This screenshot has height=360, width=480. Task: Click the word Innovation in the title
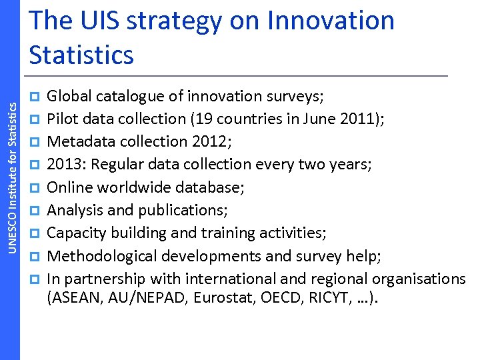click(x=331, y=21)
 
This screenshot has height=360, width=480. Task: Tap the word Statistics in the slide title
click(x=81, y=55)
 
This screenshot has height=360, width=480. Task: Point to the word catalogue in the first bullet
click(x=127, y=97)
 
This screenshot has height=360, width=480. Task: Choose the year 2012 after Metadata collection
click(x=201, y=141)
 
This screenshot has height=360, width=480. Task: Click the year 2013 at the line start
click(x=63, y=165)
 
